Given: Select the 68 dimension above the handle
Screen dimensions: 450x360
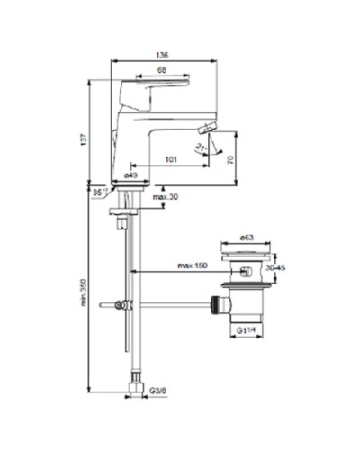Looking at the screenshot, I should coord(161,70).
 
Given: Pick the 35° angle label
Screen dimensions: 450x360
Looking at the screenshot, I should coord(97,192).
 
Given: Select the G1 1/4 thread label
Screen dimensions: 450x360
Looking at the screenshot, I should coord(247,332).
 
